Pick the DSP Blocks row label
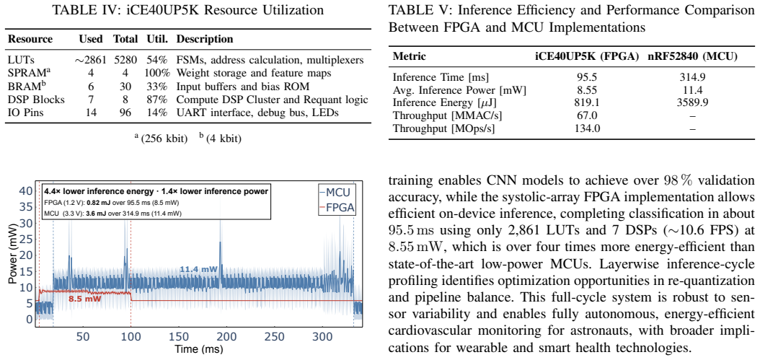click(36, 100)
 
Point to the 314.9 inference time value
click(693, 77)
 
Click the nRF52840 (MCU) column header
click(693, 56)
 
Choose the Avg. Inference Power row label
click(459, 90)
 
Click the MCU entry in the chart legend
click(337, 192)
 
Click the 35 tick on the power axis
click(26, 206)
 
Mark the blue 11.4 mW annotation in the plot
click(198, 268)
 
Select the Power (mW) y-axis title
click(13, 255)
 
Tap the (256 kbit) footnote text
click(162, 139)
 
